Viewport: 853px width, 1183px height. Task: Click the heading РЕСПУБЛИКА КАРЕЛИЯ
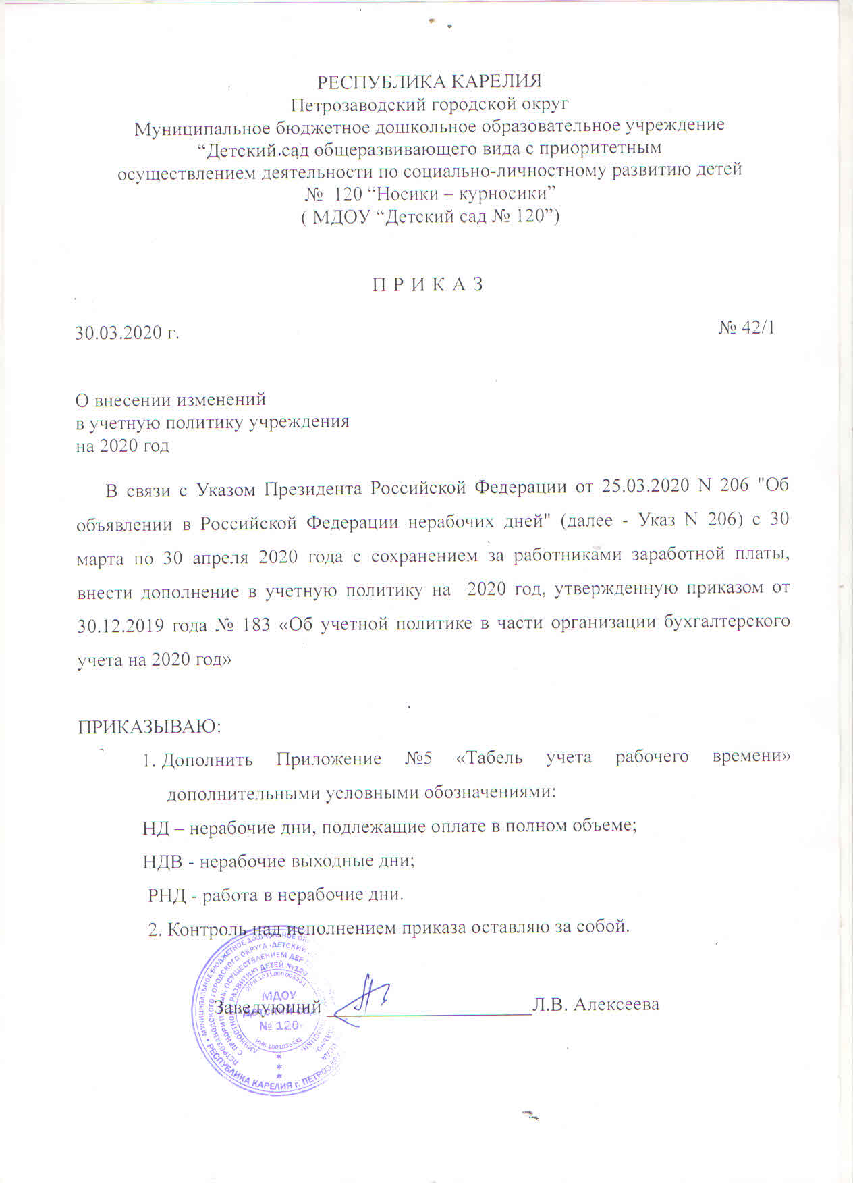tap(429, 82)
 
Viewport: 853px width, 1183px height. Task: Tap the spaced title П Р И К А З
tap(429, 284)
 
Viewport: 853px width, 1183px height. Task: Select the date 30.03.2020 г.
tap(127, 333)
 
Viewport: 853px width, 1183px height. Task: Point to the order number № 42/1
tap(746, 327)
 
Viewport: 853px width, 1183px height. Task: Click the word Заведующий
tap(267, 1006)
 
